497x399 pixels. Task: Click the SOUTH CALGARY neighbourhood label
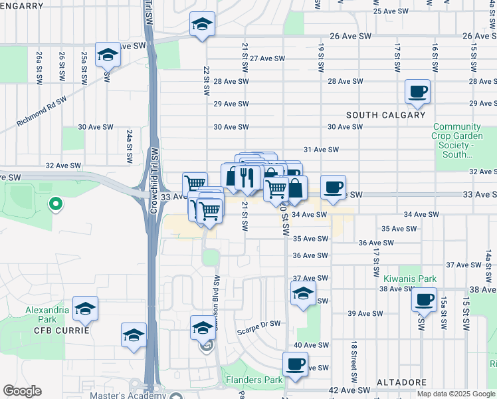pyautogui.click(x=385, y=115)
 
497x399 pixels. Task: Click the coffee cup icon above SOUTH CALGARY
pyautogui.click(x=417, y=92)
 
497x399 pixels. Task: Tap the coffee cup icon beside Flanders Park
pyautogui.click(x=295, y=364)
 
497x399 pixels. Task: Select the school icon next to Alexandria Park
pyautogui.click(x=85, y=309)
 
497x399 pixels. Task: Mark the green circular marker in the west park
pyautogui.click(x=56, y=205)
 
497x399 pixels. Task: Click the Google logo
pyautogui.click(x=22, y=391)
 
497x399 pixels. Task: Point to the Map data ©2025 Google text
pyautogui.click(x=455, y=394)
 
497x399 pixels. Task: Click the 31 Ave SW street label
pyautogui.click(x=322, y=150)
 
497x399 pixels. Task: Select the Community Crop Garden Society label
pyautogui.click(x=462, y=140)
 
